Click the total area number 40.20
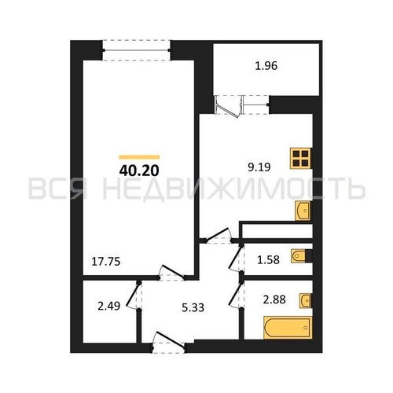tap(139, 171)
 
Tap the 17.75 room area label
tap(106, 262)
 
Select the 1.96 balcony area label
tap(266, 66)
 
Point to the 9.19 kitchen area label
tap(259, 167)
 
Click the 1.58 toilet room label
tap(269, 260)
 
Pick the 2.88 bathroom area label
tap(274, 299)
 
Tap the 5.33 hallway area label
tap(193, 307)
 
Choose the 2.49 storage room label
tap(109, 306)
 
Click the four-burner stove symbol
tap(300, 158)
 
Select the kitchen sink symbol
tap(303, 211)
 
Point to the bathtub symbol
tap(288, 328)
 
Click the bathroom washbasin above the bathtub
tap(306, 300)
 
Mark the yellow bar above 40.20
tap(139, 157)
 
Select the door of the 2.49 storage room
tap(134, 296)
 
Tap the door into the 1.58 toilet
tap(237, 258)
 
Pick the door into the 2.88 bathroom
tap(237, 296)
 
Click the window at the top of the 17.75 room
tap(136, 50)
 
